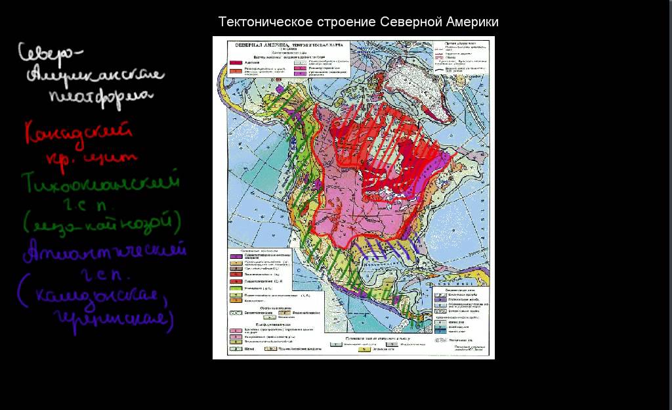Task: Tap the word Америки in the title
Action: coord(472,22)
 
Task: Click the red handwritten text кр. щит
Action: coord(91,158)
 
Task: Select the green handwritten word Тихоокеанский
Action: coord(100,182)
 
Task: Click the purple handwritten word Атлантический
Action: coord(104,252)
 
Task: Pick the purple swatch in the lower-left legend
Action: coord(234,256)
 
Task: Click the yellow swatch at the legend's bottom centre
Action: coord(362,350)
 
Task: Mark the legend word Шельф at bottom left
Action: coord(249,349)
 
